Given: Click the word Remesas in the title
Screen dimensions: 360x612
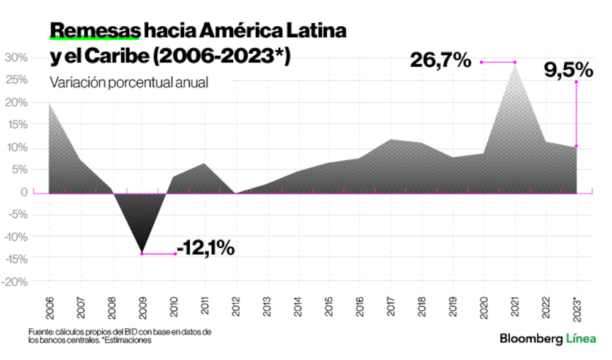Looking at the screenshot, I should coord(95,30).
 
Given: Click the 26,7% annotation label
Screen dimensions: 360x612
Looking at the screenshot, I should coord(441,61).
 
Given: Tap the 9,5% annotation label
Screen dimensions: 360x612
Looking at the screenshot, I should coord(569,70).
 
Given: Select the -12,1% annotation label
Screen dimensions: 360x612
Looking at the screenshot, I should coord(206,248).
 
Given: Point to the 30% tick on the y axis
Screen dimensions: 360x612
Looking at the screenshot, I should coord(17,58).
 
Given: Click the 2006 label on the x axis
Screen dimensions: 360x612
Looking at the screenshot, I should coord(50,306).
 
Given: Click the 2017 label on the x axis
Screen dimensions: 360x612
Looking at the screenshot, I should coord(390,306).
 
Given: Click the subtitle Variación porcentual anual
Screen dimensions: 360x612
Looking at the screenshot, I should coord(129,82).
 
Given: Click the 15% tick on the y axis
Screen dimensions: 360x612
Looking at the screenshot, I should coord(17,125).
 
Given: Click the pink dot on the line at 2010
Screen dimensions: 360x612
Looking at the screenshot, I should coord(176,253).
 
